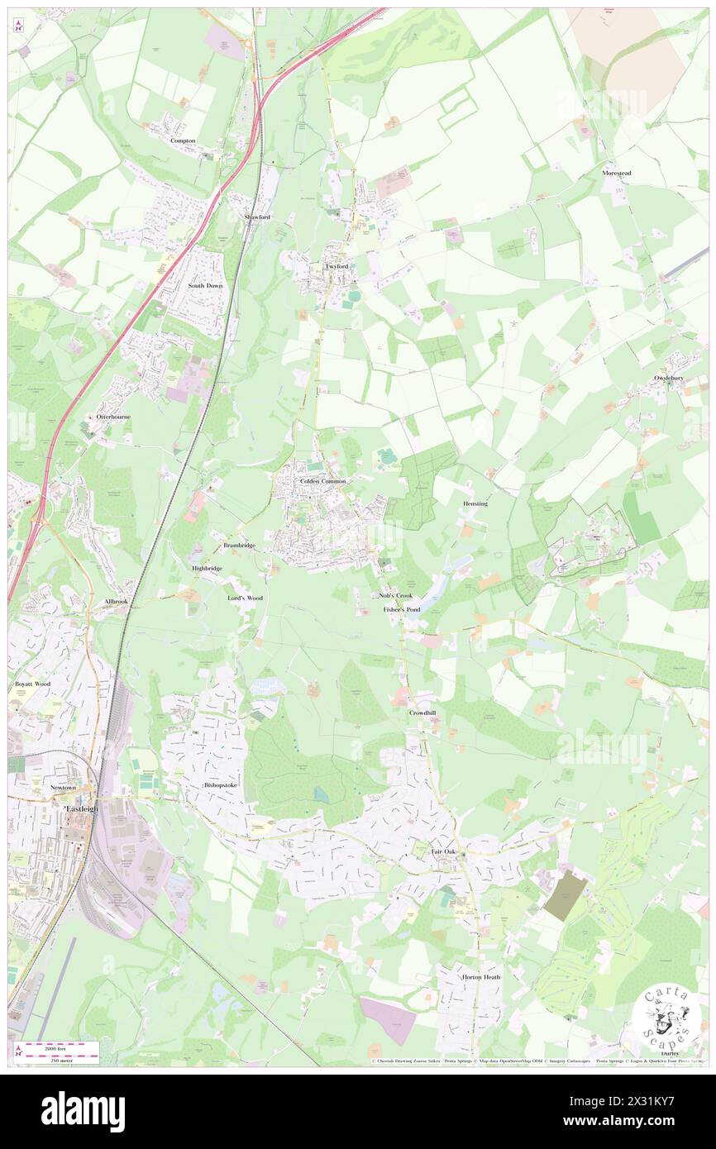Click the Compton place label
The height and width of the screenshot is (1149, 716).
183,141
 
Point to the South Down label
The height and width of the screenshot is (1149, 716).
205,285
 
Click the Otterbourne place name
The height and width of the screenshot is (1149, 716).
113,417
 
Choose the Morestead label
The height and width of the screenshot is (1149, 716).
616,174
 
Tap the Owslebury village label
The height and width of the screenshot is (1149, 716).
671,378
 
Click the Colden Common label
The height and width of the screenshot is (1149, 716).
323,480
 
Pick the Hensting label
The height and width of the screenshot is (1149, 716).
475,503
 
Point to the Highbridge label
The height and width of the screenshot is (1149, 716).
207,569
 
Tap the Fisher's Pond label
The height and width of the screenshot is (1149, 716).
402,609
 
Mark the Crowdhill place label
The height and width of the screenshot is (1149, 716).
422,712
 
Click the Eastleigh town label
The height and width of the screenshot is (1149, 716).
81,808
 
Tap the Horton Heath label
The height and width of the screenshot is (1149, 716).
481,977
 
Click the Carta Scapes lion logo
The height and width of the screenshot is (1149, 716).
665,1017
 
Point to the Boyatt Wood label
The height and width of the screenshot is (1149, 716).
32,684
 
